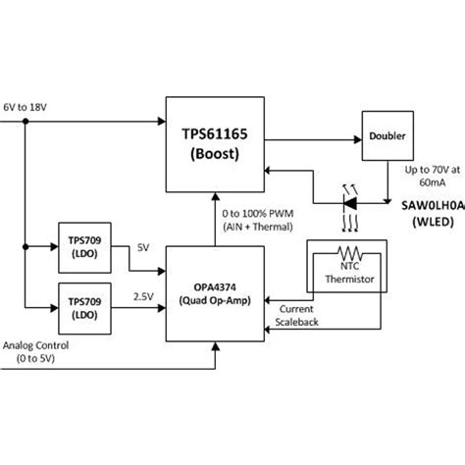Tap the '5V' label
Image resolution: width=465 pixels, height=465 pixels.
(142, 246)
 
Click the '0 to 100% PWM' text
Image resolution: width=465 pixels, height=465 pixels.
(258, 215)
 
